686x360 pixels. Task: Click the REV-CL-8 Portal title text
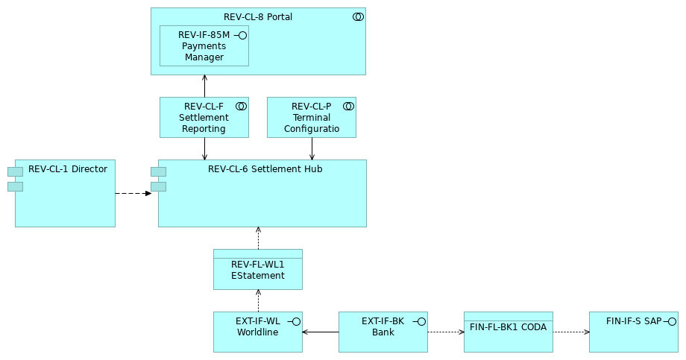257,17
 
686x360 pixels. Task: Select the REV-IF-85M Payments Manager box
204,46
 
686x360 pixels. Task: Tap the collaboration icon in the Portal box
358,17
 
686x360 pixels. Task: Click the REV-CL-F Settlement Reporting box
204,118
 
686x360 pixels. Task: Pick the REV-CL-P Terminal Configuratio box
311,118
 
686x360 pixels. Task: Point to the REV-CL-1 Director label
68,169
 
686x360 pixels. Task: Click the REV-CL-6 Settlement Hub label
265,169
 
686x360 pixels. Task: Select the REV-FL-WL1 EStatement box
257,271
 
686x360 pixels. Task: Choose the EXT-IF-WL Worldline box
257,332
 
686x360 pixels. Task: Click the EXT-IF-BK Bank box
383,332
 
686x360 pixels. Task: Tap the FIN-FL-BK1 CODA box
508,332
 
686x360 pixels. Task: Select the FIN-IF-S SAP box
633,332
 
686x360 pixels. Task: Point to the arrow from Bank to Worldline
321,332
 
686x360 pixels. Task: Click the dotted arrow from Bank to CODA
445,332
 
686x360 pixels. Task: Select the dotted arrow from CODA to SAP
570,332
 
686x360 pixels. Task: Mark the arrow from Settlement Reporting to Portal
204,86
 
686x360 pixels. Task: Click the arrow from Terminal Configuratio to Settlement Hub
312,149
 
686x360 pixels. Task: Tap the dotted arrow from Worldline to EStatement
258,301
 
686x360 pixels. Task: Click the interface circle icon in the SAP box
671,321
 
